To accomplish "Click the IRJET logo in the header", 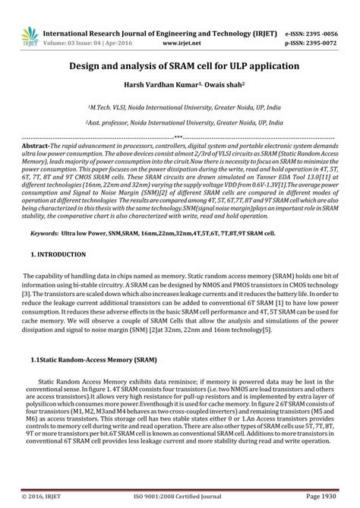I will coord(30,36).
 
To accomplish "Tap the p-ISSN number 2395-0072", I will coord(322,45).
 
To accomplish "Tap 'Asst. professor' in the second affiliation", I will coord(115,122).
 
